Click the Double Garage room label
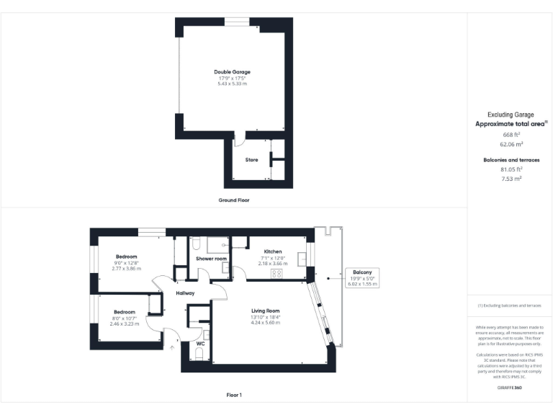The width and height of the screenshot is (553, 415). pyautogui.click(x=232, y=72)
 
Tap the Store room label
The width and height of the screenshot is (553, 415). pyautogui.click(x=251, y=160)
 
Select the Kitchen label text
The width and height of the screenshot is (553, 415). pyautogui.click(x=272, y=251)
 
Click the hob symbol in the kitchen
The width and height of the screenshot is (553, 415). pyautogui.click(x=277, y=274)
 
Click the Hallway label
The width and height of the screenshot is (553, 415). pyautogui.click(x=185, y=293)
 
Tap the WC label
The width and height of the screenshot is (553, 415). pyautogui.click(x=201, y=344)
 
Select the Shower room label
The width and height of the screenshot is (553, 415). pyautogui.click(x=211, y=258)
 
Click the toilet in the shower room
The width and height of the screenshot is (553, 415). pyautogui.click(x=196, y=242)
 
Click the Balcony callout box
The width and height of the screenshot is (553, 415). pyautogui.click(x=362, y=278)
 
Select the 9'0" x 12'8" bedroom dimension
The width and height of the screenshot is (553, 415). pyautogui.click(x=126, y=263)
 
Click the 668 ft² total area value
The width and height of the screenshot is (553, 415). pyautogui.click(x=511, y=135)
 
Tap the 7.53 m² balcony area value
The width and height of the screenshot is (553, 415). pyautogui.click(x=511, y=178)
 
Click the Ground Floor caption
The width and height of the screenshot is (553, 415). pyautogui.click(x=233, y=200)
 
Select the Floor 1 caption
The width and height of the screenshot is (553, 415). pyautogui.click(x=233, y=395)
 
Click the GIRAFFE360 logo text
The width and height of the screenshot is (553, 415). pyautogui.click(x=510, y=388)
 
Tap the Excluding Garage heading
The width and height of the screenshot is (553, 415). pyautogui.click(x=511, y=115)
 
